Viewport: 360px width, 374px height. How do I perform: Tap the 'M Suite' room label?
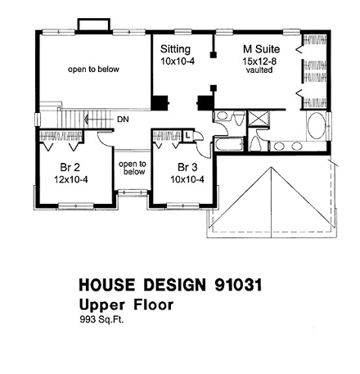click(259, 48)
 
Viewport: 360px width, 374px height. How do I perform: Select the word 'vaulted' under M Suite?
click(259, 70)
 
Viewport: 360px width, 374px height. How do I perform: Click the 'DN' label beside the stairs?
click(122, 119)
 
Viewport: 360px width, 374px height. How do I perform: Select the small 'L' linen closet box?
click(188, 134)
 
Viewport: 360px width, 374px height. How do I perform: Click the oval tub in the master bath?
click(317, 129)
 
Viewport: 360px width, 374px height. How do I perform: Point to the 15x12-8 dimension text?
click(259, 60)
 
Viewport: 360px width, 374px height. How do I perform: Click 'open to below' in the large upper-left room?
click(92, 70)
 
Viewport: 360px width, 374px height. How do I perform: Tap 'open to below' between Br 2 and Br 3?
click(131, 168)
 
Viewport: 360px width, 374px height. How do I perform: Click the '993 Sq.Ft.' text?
click(101, 321)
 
